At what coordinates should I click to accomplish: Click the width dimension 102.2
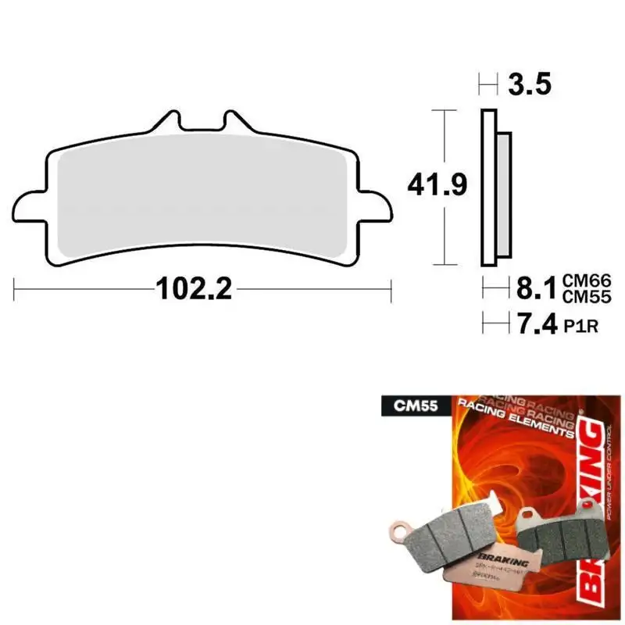pos(194,290)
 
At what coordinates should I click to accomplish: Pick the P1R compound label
pos(580,327)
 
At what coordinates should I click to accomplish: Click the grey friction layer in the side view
pos(503,195)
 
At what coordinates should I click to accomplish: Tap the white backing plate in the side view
pos(488,187)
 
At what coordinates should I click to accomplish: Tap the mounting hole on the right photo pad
pos(528,514)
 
